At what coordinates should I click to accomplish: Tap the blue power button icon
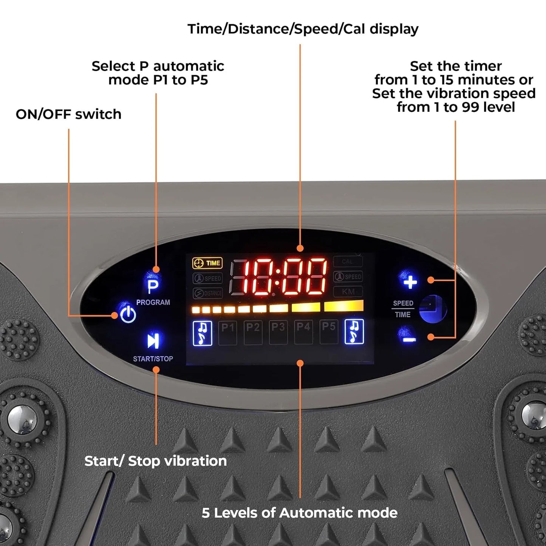[x=128, y=314]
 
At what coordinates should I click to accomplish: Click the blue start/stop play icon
[x=153, y=340]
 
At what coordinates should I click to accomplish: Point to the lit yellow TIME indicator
[x=207, y=263]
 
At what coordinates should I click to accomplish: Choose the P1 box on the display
[x=227, y=332]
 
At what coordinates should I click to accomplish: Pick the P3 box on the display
[x=278, y=332]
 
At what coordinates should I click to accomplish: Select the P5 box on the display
[x=329, y=332]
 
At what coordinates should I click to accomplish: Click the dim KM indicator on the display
[x=348, y=292]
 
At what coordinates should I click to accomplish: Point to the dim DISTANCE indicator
[x=208, y=293]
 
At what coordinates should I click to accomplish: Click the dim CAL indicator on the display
[x=348, y=261]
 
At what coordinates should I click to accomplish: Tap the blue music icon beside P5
[x=354, y=332]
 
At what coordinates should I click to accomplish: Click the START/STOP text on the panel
[x=153, y=359]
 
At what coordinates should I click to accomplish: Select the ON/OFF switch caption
[x=68, y=114]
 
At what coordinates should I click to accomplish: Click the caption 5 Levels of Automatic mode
[x=299, y=513]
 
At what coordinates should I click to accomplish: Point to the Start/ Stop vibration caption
[x=155, y=461]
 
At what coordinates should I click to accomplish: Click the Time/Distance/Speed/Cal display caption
[x=303, y=29]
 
